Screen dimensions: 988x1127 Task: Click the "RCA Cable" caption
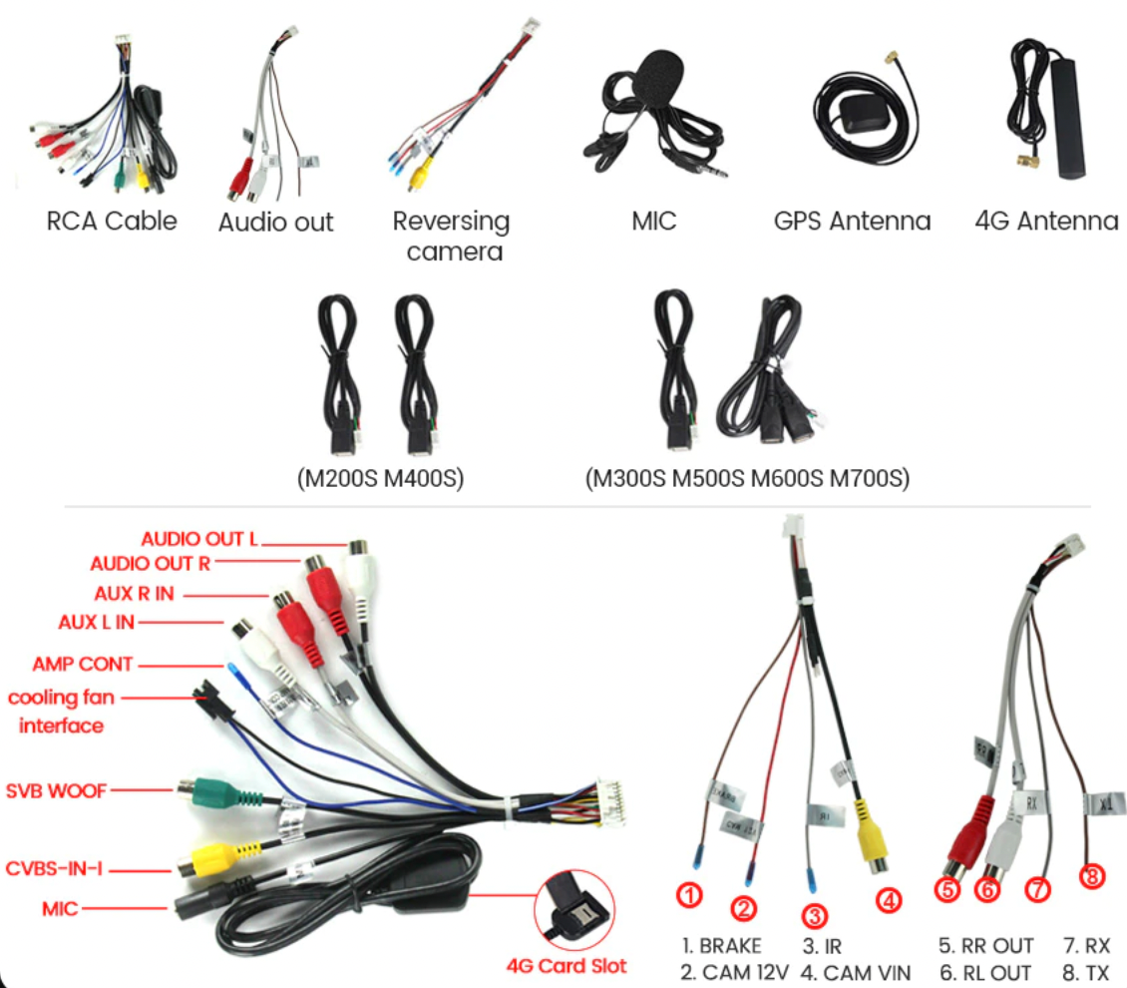tap(112, 221)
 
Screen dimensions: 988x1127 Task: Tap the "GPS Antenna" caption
tap(852, 221)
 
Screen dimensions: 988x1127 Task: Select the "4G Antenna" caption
tap(1046, 221)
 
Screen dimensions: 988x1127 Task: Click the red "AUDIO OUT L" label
tap(198, 539)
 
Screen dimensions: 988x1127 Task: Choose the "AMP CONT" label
tap(83, 664)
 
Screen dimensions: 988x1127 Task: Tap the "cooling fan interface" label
tap(61, 712)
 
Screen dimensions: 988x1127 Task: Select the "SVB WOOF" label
tap(55, 790)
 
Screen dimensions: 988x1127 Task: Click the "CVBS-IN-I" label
tap(54, 867)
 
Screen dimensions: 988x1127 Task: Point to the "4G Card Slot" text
tap(566, 965)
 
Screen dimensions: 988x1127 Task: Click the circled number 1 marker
tap(691, 895)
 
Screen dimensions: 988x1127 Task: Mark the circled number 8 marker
tap(1093, 876)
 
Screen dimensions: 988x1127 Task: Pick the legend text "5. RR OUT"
tap(985, 945)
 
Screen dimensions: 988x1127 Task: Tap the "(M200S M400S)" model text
tap(381, 479)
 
